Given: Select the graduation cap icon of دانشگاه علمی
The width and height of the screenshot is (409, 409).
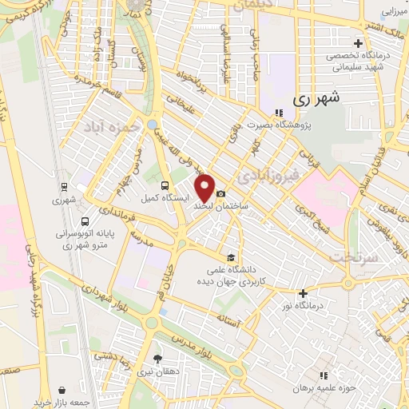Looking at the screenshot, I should point(231,257).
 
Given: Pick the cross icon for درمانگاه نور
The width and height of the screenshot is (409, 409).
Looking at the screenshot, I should point(303,294).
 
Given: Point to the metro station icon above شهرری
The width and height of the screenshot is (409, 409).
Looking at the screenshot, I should point(63,187).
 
